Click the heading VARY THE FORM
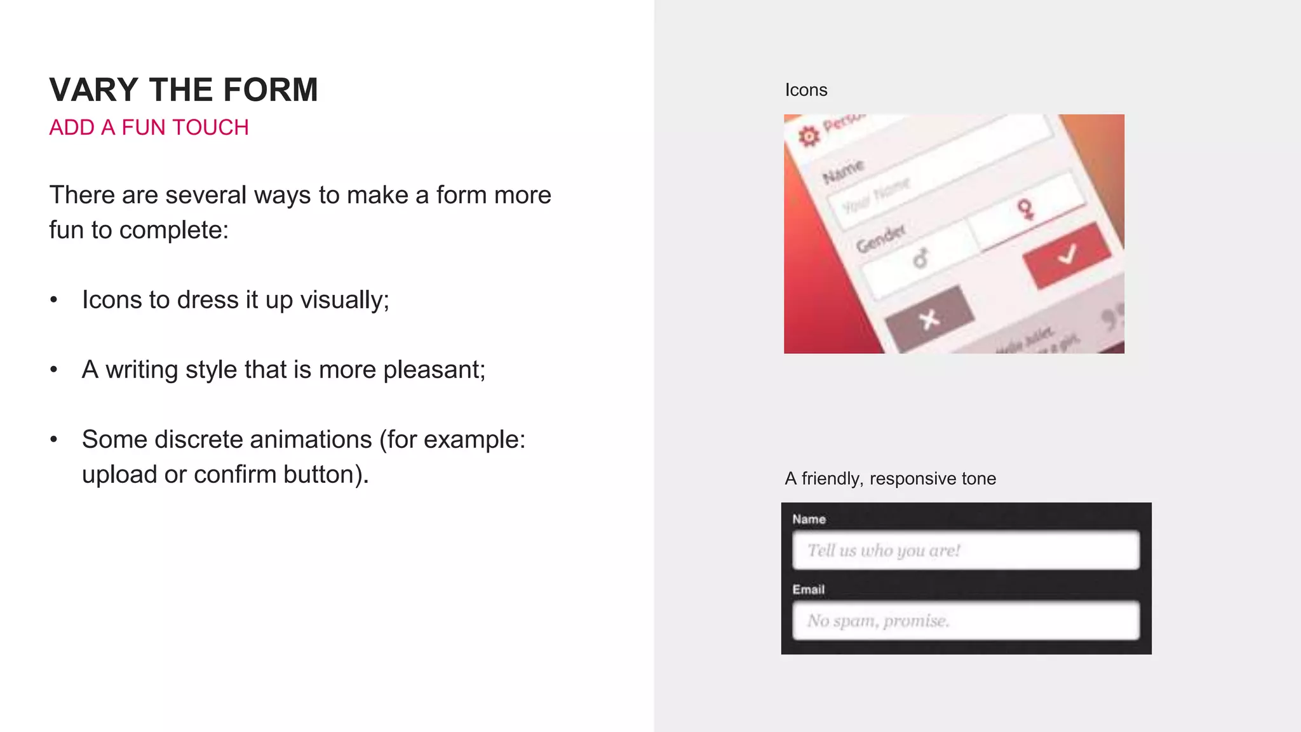click(184, 90)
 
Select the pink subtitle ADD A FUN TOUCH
click(149, 128)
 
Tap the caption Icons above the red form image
click(806, 90)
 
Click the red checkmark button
click(1067, 255)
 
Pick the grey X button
click(929, 319)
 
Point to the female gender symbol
click(1025, 208)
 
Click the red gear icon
click(809, 135)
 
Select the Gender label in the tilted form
click(880, 238)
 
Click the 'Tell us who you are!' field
click(966, 550)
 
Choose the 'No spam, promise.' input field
click(966, 620)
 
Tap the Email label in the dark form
click(808, 590)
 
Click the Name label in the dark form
click(809, 519)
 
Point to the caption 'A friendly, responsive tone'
click(890, 478)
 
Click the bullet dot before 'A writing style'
click(54, 369)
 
